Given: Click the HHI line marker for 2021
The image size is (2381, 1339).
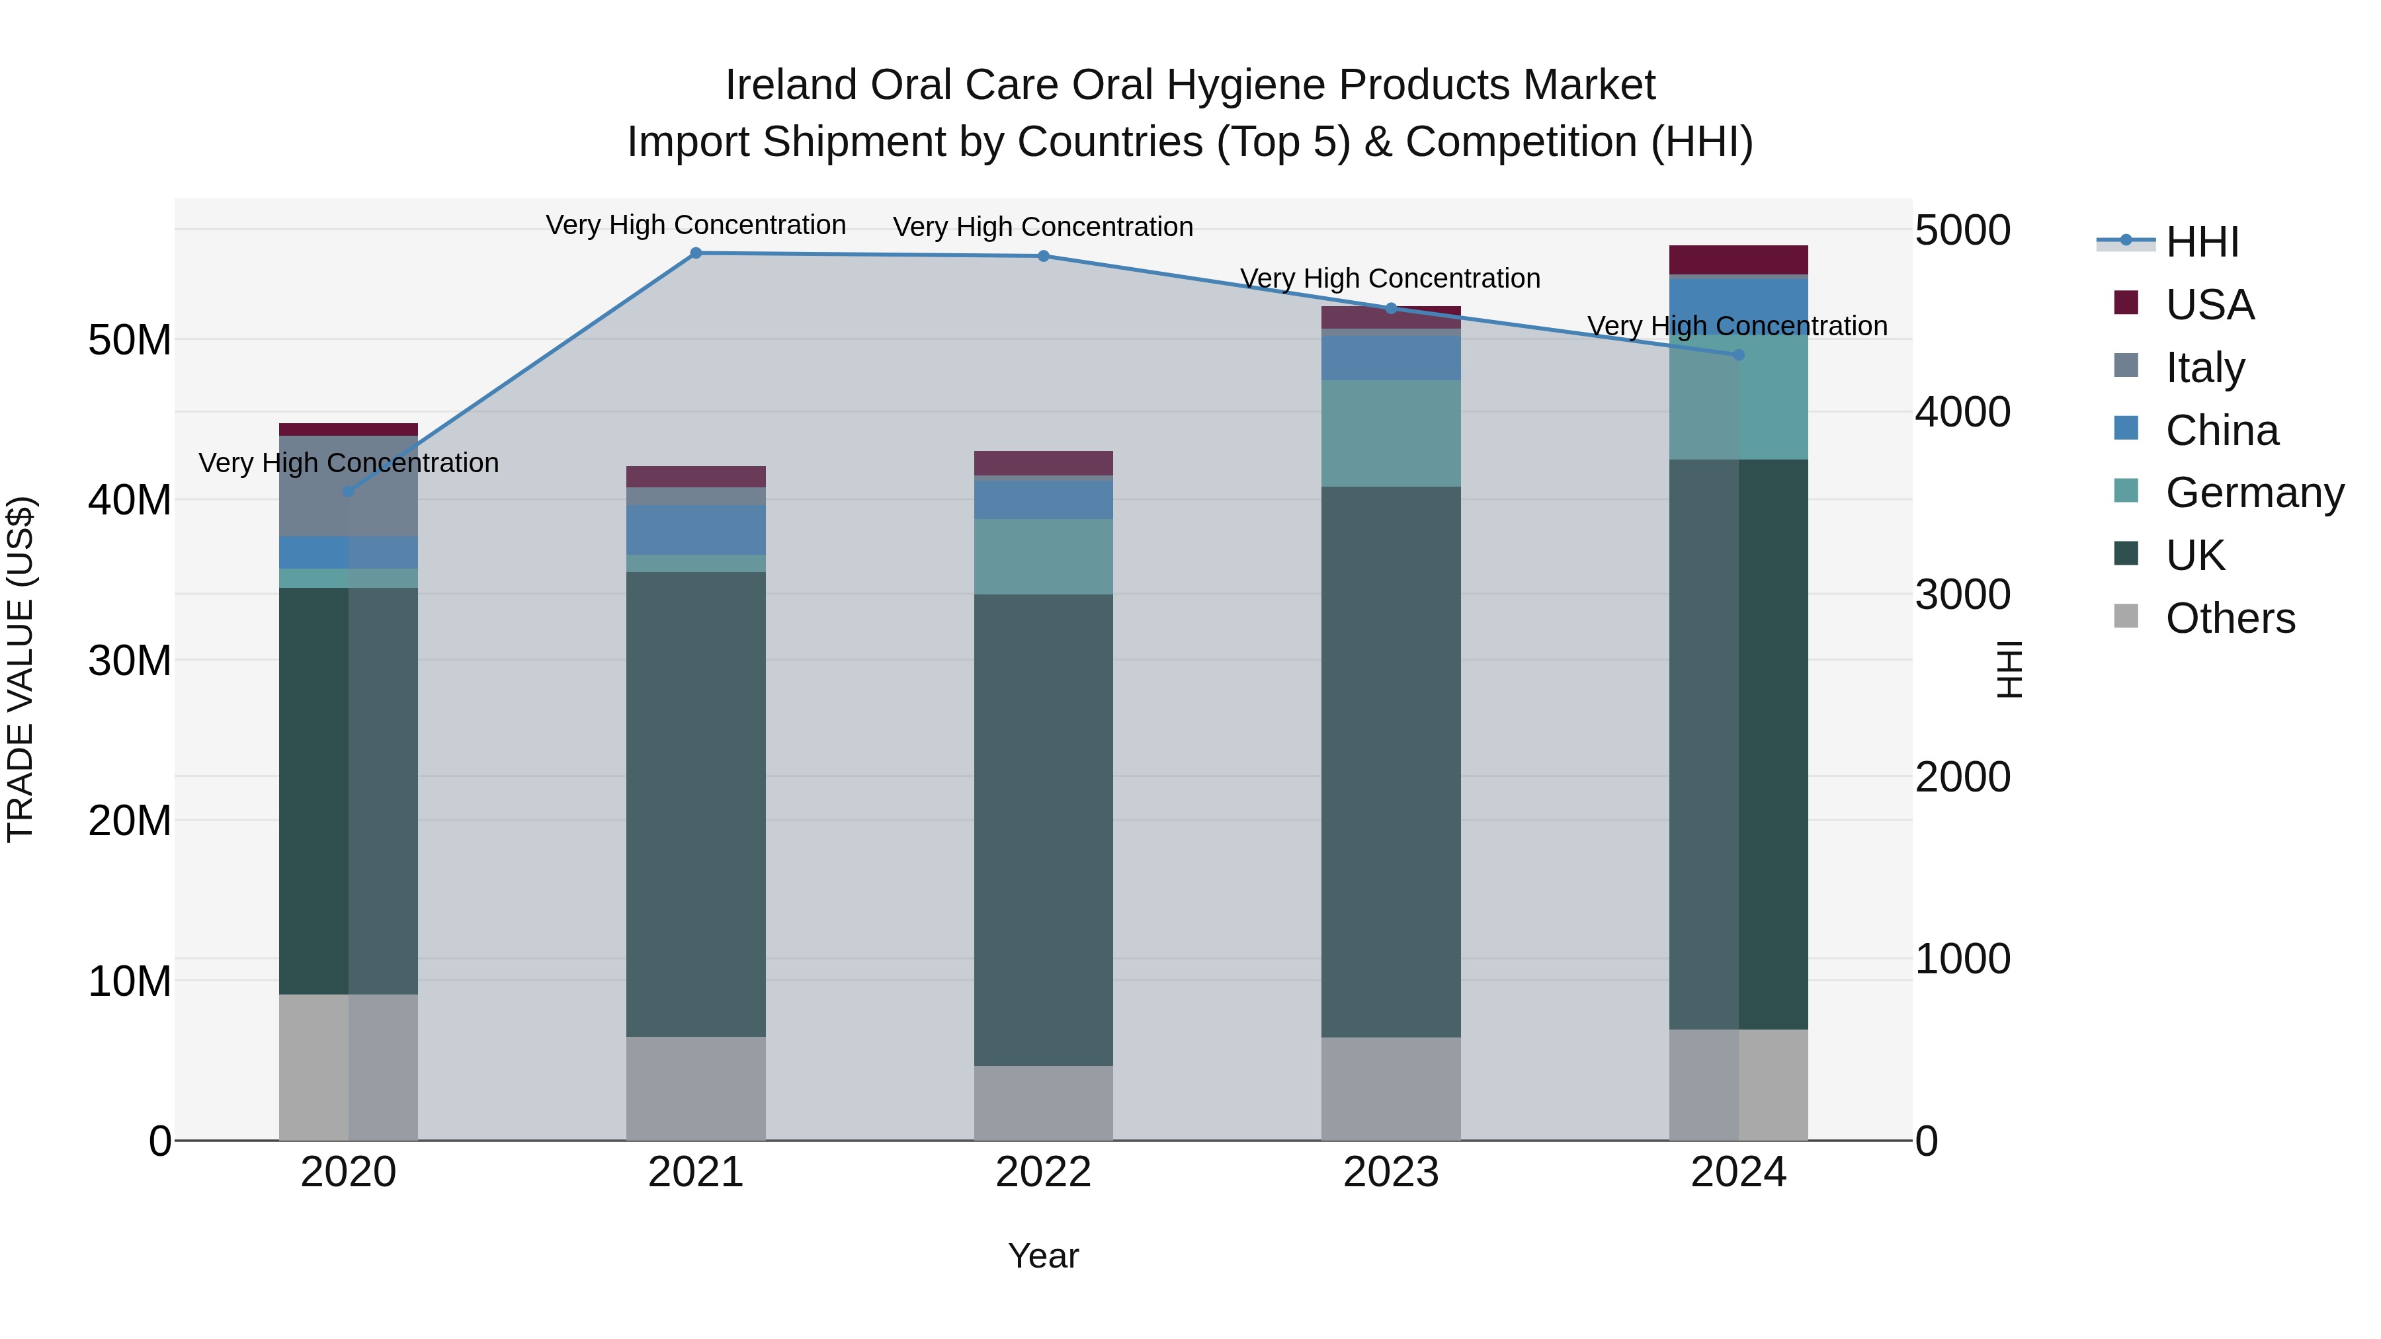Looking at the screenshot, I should [696, 253].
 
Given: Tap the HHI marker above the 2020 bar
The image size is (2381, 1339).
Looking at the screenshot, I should [349, 491].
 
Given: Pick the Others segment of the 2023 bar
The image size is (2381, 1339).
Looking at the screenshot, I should [1390, 1088].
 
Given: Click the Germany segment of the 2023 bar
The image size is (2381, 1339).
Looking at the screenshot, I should [1390, 432].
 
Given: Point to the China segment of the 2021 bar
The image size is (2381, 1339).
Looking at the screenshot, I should [696, 530].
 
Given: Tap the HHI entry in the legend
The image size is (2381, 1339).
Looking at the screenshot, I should [2202, 242].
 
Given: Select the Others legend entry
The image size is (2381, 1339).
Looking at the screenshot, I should [2230, 618].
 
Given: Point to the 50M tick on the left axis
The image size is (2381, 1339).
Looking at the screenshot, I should [130, 340].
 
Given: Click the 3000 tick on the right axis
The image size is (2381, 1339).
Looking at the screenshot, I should [1962, 594].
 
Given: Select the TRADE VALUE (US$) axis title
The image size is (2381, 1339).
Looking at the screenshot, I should [21, 669].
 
